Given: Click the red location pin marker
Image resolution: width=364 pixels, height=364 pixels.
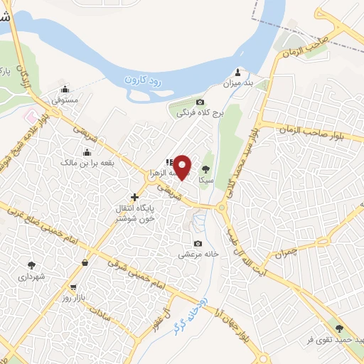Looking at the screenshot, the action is click(x=183, y=166).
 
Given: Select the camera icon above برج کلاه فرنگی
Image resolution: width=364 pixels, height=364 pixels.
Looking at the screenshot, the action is click(x=199, y=102).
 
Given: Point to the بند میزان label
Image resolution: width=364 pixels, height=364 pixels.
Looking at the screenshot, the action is click(x=239, y=84).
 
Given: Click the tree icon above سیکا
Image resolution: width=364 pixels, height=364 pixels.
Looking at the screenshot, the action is click(x=206, y=168).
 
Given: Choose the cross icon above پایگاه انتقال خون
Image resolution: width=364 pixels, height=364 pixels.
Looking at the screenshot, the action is click(x=134, y=197).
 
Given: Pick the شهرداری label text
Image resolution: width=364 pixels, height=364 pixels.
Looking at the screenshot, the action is click(x=32, y=275).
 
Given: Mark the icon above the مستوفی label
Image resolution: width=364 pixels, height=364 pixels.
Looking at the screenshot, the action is click(x=65, y=89).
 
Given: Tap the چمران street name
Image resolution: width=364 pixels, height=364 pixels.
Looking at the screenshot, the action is click(x=302, y=250).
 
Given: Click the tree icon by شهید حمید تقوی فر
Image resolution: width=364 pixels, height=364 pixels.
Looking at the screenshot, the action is click(x=338, y=328).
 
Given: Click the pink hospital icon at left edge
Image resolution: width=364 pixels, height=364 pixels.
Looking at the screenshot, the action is click(x=30, y=116).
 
